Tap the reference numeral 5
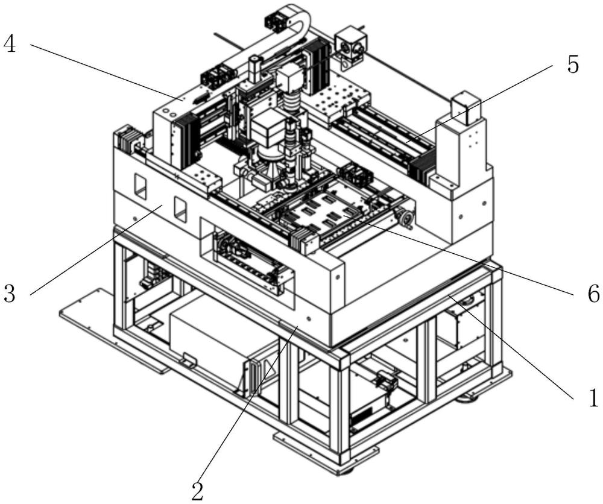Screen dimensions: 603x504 pyautogui.click(x=573, y=64)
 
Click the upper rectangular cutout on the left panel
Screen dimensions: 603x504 pyautogui.click(x=140, y=186)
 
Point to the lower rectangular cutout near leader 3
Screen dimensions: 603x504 pyautogui.click(x=180, y=210)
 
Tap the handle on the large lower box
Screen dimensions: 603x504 pyautogui.click(x=188, y=360)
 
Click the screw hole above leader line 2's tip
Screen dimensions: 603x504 pyautogui.click(x=309, y=318)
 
